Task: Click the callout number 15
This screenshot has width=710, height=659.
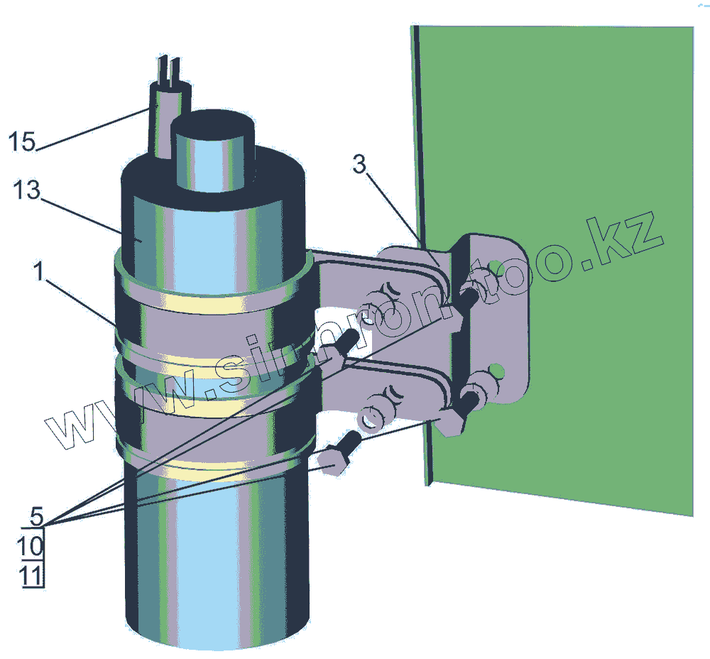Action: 22,141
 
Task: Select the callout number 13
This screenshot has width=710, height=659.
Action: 26,191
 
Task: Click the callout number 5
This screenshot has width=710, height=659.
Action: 37,514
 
